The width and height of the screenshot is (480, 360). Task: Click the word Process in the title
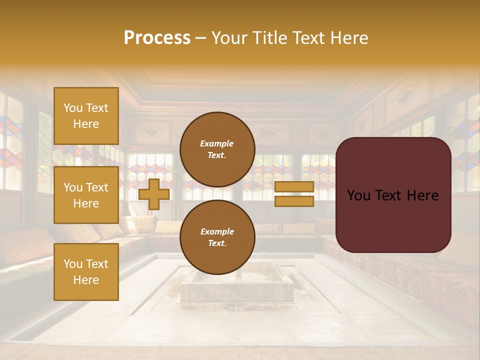click(x=157, y=38)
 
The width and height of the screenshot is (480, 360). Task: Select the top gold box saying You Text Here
click(x=86, y=116)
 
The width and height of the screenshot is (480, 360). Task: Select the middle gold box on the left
click(x=86, y=195)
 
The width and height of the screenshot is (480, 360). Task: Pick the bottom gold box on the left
click(x=86, y=271)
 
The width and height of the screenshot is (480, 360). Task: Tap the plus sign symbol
click(x=154, y=194)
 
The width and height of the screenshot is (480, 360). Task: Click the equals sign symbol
click(x=294, y=194)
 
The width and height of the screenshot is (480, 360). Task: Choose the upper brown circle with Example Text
click(x=217, y=149)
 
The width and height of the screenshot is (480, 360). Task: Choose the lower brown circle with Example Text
click(x=217, y=237)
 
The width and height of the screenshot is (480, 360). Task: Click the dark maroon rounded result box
click(x=393, y=195)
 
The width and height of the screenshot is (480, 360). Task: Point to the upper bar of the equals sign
click(x=294, y=186)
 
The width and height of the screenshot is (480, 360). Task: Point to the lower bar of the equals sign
click(x=294, y=201)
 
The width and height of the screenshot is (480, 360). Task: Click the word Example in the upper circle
click(x=216, y=143)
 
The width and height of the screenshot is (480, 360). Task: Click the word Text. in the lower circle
click(x=217, y=243)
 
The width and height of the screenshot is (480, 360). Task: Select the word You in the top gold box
click(x=73, y=108)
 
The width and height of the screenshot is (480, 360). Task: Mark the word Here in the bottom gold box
click(x=86, y=280)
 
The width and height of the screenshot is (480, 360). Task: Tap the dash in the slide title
click(x=201, y=38)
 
